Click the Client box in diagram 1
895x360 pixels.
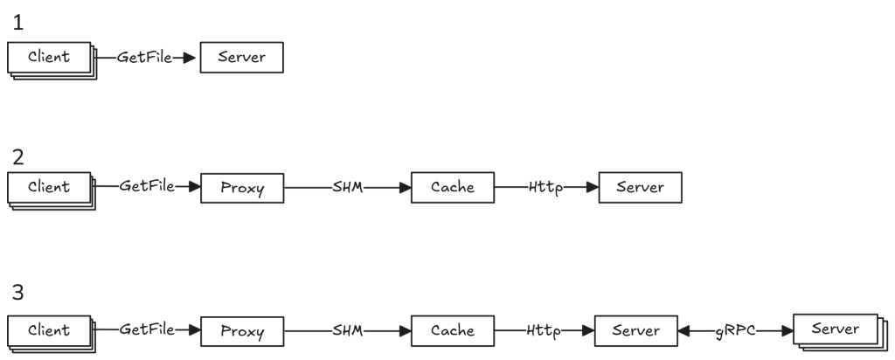(x=49, y=57)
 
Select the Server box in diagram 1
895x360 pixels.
(x=241, y=57)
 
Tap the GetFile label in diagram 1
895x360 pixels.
(x=144, y=57)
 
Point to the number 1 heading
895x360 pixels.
(x=18, y=23)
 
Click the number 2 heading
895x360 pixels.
(x=18, y=157)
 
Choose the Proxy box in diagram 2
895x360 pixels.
(x=242, y=188)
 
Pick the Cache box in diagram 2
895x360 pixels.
(x=453, y=187)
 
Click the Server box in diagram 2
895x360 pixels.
(x=640, y=187)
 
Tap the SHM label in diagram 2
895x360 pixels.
(x=348, y=187)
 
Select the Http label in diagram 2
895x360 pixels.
(x=545, y=188)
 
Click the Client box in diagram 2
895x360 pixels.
(x=49, y=187)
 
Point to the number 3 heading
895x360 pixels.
(x=18, y=292)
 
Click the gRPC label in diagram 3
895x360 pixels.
(x=735, y=331)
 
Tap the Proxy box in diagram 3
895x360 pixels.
(x=242, y=331)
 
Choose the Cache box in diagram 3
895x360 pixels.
(x=453, y=331)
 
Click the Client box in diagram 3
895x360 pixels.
(x=49, y=330)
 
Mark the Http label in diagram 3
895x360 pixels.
(x=544, y=331)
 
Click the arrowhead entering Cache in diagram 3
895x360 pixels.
(x=406, y=331)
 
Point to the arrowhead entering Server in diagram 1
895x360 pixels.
(x=189, y=58)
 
